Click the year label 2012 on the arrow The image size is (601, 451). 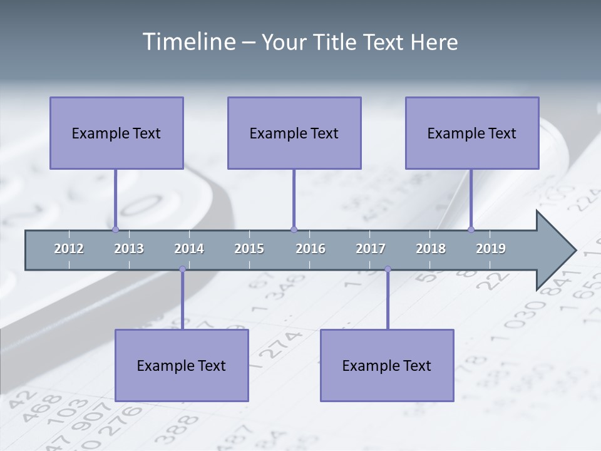pyautogui.click(x=69, y=249)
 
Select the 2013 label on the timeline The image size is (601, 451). pyautogui.click(x=129, y=249)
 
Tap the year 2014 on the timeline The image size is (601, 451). pyautogui.click(x=189, y=249)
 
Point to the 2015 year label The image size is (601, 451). pyautogui.click(x=249, y=249)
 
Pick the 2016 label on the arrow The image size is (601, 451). pyautogui.click(x=311, y=249)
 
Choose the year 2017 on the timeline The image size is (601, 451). pyautogui.click(x=371, y=249)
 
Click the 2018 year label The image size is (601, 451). pyautogui.click(x=431, y=249)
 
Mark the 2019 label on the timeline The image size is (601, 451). pyautogui.click(x=491, y=249)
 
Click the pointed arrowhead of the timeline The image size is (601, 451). pyautogui.click(x=557, y=251)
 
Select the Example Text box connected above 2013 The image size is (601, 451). pyautogui.click(x=116, y=133)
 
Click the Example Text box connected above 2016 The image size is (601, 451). pyautogui.click(x=294, y=133)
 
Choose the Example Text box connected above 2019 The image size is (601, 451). pyautogui.click(x=472, y=133)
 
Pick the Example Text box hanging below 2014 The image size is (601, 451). pyautogui.click(x=182, y=365)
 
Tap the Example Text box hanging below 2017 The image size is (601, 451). pyautogui.click(x=387, y=365)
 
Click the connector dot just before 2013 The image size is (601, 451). pyautogui.click(x=115, y=229)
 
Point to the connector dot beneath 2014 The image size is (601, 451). pyautogui.click(x=182, y=269)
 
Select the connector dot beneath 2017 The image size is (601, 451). pyautogui.click(x=388, y=269)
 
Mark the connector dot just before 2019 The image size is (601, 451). pyautogui.click(x=471, y=229)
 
